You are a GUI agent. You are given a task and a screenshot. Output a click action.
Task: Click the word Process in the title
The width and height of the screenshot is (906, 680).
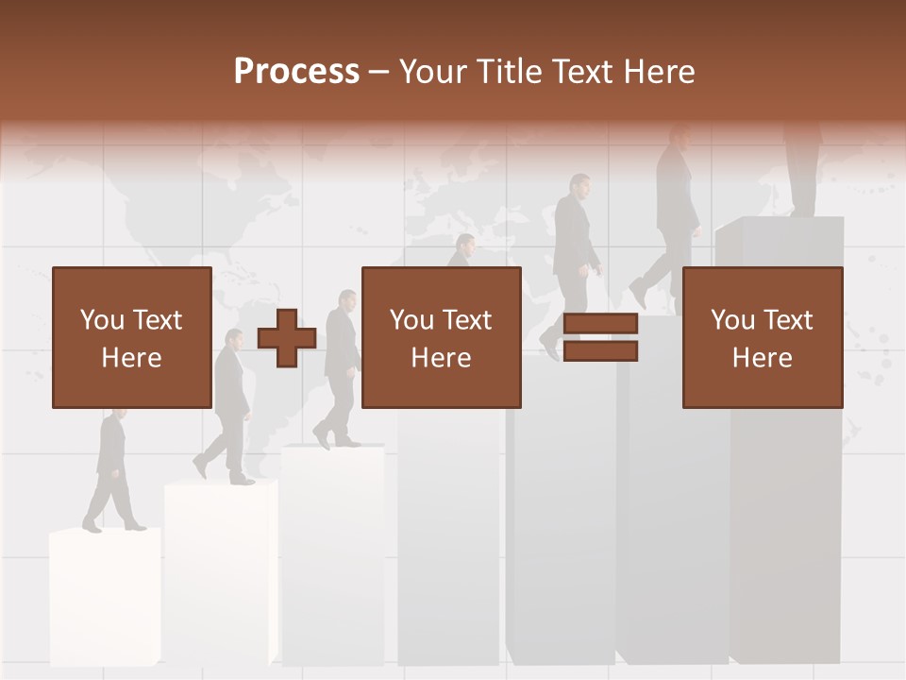click(x=296, y=72)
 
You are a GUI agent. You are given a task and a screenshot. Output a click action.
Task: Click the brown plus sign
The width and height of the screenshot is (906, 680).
click(x=287, y=337)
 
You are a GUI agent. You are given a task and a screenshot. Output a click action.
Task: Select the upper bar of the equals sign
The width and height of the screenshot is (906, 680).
click(x=600, y=324)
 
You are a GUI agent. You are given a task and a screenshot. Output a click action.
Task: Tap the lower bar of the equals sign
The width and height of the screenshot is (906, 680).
click(x=600, y=351)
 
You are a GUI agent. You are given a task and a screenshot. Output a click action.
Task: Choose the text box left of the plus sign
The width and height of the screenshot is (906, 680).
click(x=132, y=337)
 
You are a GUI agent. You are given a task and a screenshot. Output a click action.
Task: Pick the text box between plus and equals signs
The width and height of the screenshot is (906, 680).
click(x=441, y=337)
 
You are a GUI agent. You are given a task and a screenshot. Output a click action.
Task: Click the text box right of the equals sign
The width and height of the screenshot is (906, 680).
click(x=762, y=337)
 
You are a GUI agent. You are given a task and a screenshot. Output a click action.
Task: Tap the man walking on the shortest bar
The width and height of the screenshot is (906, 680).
click(x=111, y=472)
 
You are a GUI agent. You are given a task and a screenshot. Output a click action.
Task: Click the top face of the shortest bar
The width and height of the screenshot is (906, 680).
click(x=104, y=535)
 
